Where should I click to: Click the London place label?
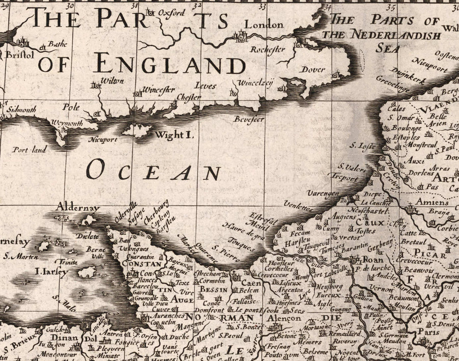(264, 24)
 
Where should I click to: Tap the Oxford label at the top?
(171, 13)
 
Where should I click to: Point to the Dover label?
(313, 69)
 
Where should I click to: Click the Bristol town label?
(21, 53)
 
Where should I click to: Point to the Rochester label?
(267, 50)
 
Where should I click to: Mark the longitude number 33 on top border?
(262, 7)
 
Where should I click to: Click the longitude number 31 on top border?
(134, 7)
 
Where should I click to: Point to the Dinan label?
(64, 338)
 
